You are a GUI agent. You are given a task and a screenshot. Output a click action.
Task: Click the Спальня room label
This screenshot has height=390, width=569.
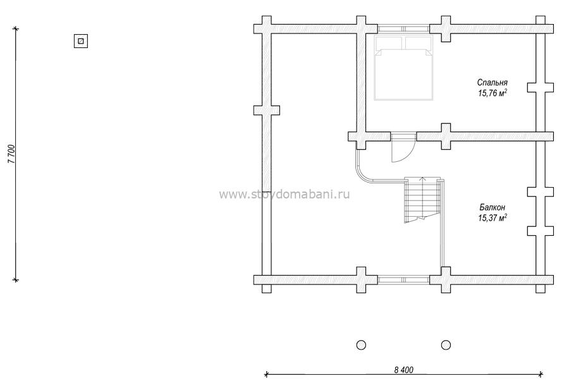(x=492, y=83)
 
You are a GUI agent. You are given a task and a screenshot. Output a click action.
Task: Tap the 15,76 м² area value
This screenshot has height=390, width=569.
(x=492, y=94)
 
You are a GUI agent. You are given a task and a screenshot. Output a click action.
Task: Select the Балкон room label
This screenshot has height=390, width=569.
(x=492, y=207)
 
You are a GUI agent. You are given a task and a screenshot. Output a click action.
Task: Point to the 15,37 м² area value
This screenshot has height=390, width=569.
(x=492, y=217)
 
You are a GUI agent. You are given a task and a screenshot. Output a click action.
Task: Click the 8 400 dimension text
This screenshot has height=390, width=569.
(x=403, y=370)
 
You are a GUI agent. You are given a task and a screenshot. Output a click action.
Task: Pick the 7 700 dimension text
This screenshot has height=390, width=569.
(x=11, y=154)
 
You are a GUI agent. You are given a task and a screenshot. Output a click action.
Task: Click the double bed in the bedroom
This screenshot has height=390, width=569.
(x=403, y=68)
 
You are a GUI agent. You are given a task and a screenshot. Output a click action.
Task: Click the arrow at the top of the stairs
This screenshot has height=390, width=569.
(x=422, y=180)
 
